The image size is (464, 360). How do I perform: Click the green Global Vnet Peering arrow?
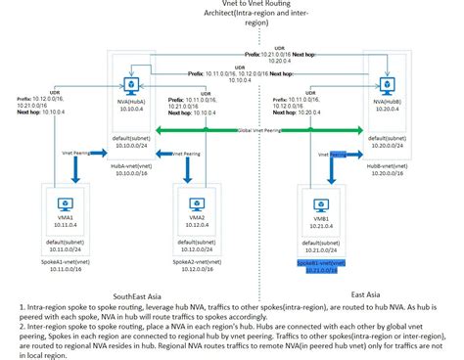(255, 129)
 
